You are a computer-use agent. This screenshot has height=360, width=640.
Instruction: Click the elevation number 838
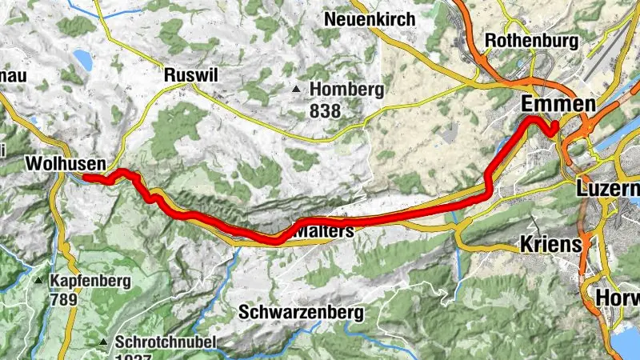click(x=325, y=111)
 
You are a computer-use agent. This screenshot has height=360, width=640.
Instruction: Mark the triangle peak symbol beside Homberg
click(x=298, y=89)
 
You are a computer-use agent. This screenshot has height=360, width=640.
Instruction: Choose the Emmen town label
click(x=558, y=104)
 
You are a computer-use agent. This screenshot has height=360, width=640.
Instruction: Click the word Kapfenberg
click(x=89, y=282)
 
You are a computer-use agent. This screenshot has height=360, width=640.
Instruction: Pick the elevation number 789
click(x=63, y=300)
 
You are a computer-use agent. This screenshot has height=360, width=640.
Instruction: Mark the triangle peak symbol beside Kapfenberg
click(x=38, y=282)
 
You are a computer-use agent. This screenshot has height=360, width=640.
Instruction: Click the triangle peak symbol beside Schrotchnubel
click(x=103, y=343)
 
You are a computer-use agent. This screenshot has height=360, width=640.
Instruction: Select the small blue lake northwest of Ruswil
click(x=82, y=60)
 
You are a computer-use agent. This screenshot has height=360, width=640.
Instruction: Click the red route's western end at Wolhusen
click(x=85, y=177)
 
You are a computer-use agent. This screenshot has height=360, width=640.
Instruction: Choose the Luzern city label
click(x=608, y=189)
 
